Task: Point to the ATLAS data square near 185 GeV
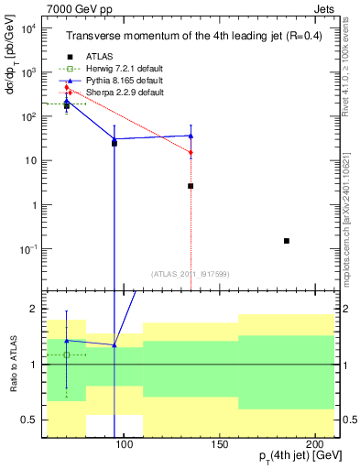[287, 241]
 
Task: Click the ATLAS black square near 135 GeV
[191, 186]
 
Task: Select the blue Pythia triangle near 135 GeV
[191, 136]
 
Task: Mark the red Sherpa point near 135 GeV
[191, 152]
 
